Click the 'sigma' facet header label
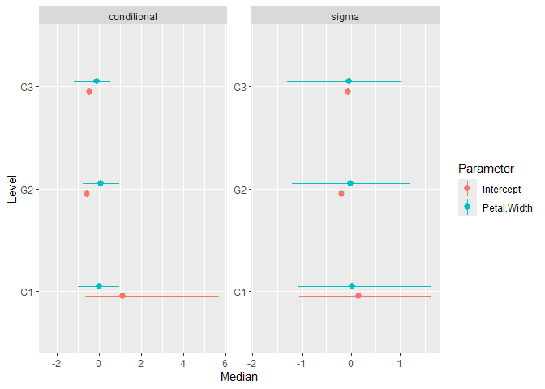coord(346,16)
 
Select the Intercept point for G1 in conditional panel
coord(122,296)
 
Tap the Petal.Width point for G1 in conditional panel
coord(99,286)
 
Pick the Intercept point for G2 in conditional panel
coord(87,194)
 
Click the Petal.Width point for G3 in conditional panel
coord(97,81)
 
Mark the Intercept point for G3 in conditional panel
coord(89,92)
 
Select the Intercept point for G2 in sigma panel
coord(341,194)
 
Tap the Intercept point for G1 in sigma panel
coord(358,296)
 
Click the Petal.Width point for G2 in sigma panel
coord(350,183)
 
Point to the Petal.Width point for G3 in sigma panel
coord(349,81)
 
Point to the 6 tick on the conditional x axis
coord(225,363)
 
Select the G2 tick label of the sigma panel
coord(240,189)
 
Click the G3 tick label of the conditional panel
coord(26,87)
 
